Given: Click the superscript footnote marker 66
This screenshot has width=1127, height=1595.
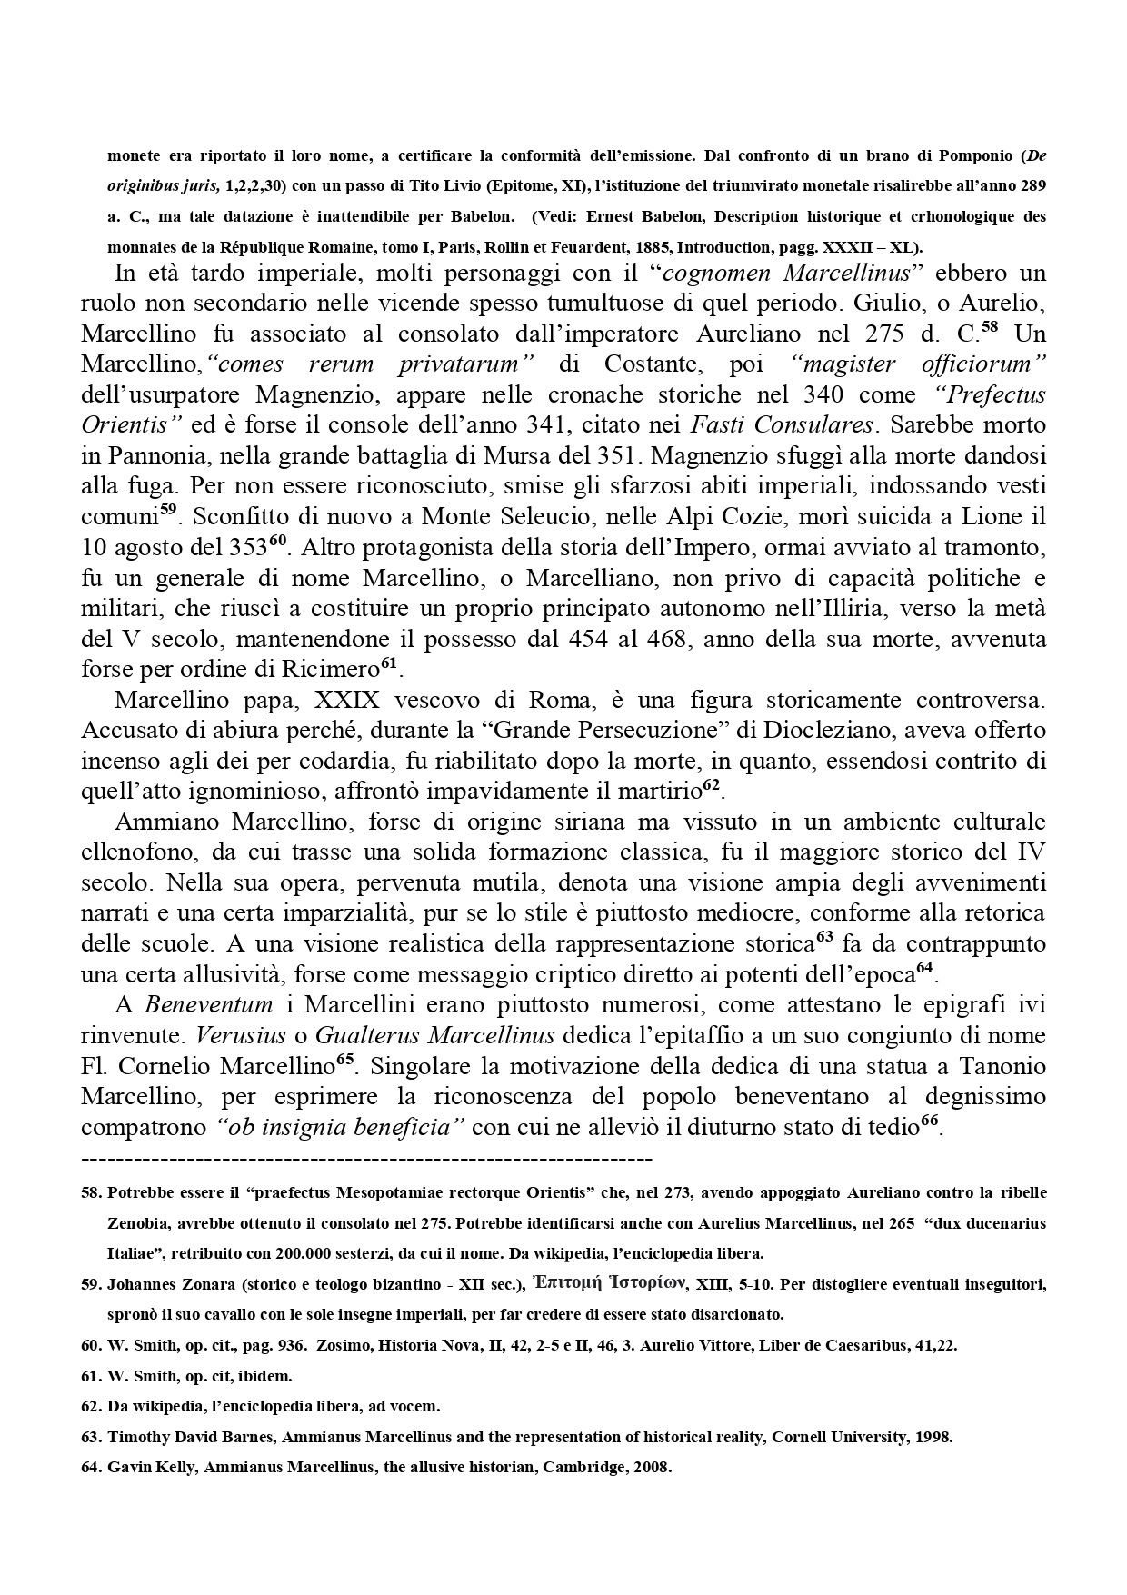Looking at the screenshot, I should [x=929, y=1121].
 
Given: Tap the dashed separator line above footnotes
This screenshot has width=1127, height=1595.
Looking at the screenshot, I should [x=366, y=1159].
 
